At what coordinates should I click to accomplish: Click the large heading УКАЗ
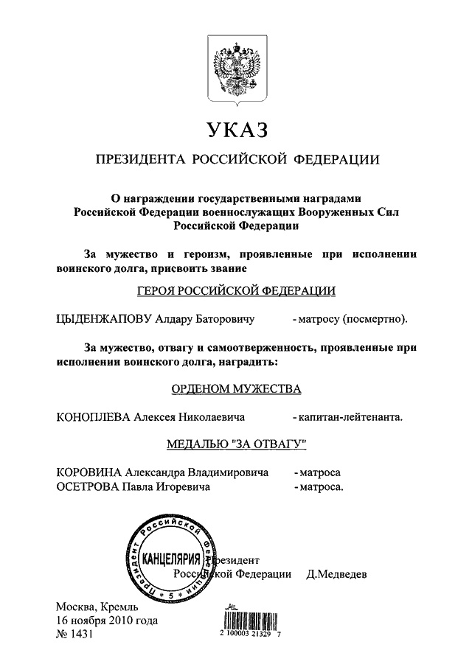tap(236, 131)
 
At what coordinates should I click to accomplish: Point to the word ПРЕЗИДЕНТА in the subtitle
tap(137, 160)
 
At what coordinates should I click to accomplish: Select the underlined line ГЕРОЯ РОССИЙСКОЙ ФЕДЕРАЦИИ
tap(236, 291)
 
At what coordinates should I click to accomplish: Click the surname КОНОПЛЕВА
tap(94, 417)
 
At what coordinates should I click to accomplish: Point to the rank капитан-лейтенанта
tap(350, 417)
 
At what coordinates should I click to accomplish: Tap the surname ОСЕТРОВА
tap(88, 486)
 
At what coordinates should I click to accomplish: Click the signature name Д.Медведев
tap(336, 573)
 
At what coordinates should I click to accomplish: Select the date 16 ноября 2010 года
tap(107, 621)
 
